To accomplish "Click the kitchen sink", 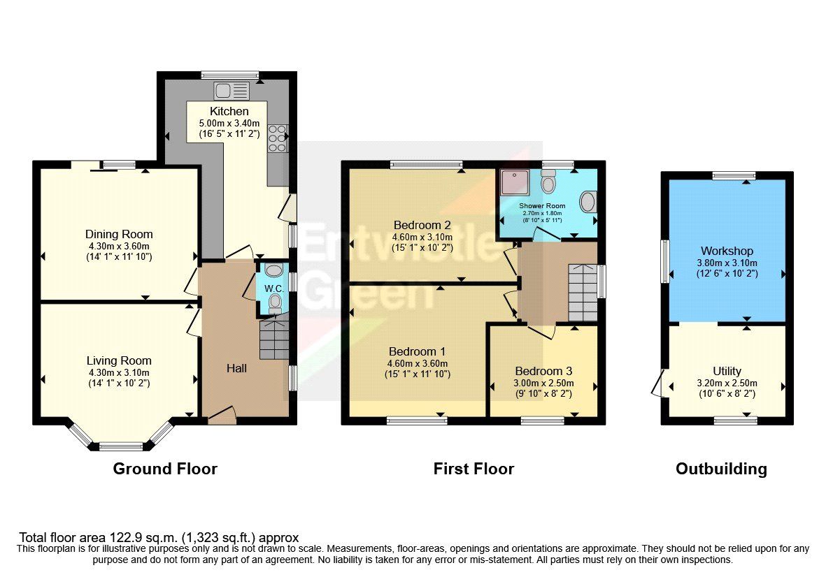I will tap(232, 91).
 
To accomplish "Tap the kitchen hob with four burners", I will tap(277, 138).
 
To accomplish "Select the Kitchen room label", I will tap(229, 112).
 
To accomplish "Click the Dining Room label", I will tap(119, 234).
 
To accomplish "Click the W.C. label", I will tap(273, 288).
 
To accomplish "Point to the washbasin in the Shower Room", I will tap(587, 203).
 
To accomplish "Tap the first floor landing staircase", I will tap(582, 291).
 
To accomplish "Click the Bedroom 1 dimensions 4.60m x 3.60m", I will tap(417, 363).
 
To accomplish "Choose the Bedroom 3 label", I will tap(543, 371).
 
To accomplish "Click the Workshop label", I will tap(727, 251).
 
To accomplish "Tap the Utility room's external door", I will tap(657, 384).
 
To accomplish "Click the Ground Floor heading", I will tap(165, 469).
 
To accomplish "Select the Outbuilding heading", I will tap(721, 469).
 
